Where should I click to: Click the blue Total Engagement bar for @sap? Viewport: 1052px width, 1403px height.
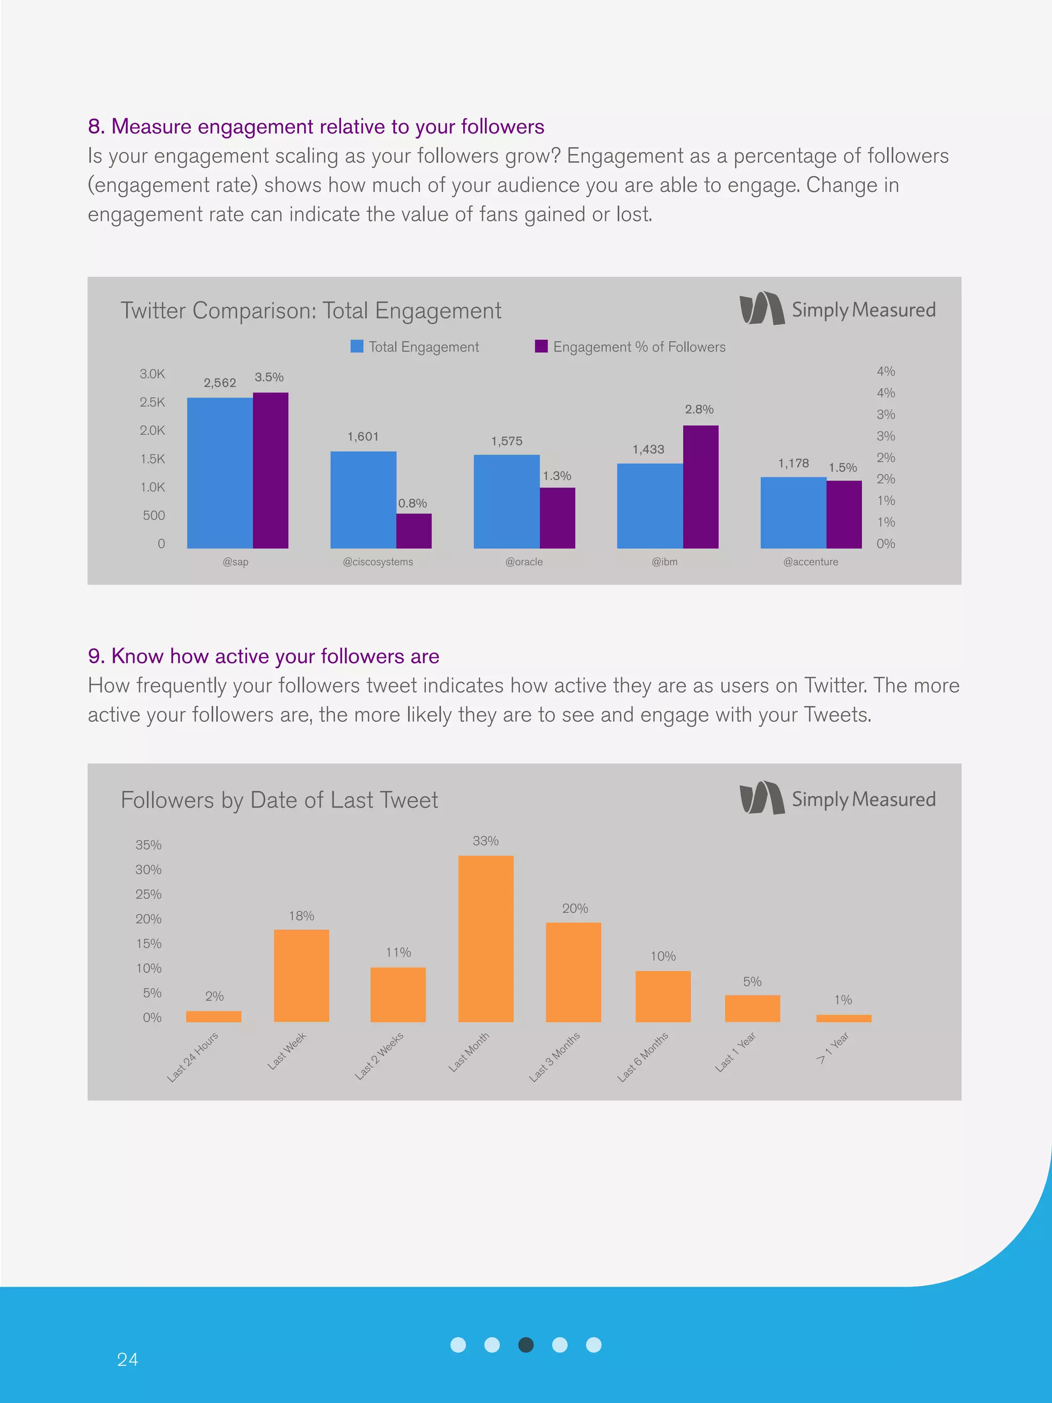[219, 473]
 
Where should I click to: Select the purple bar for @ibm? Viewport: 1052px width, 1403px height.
[700, 487]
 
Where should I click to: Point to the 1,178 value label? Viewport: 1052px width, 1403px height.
[793, 463]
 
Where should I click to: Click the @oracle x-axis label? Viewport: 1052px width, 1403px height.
[524, 562]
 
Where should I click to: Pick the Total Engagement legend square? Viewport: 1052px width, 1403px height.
[357, 346]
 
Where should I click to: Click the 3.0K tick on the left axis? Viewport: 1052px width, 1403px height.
[152, 374]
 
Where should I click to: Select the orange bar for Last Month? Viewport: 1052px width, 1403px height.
[486, 938]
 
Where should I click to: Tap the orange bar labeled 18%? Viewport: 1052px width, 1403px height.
[301, 975]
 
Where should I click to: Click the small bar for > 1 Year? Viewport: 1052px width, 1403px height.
[843, 1018]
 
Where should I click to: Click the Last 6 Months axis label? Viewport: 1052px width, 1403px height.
[643, 1056]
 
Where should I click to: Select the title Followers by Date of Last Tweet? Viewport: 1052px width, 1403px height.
[279, 800]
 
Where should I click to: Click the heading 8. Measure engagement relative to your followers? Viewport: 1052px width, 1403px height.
[316, 127]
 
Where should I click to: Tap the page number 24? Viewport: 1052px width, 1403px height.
[127, 1359]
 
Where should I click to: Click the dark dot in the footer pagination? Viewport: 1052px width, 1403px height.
[525, 1344]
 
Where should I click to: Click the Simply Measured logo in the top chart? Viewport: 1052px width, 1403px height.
[837, 309]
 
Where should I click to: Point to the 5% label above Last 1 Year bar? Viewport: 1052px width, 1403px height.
[752, 981]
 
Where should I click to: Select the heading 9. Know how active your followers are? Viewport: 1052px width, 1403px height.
[263, 656]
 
